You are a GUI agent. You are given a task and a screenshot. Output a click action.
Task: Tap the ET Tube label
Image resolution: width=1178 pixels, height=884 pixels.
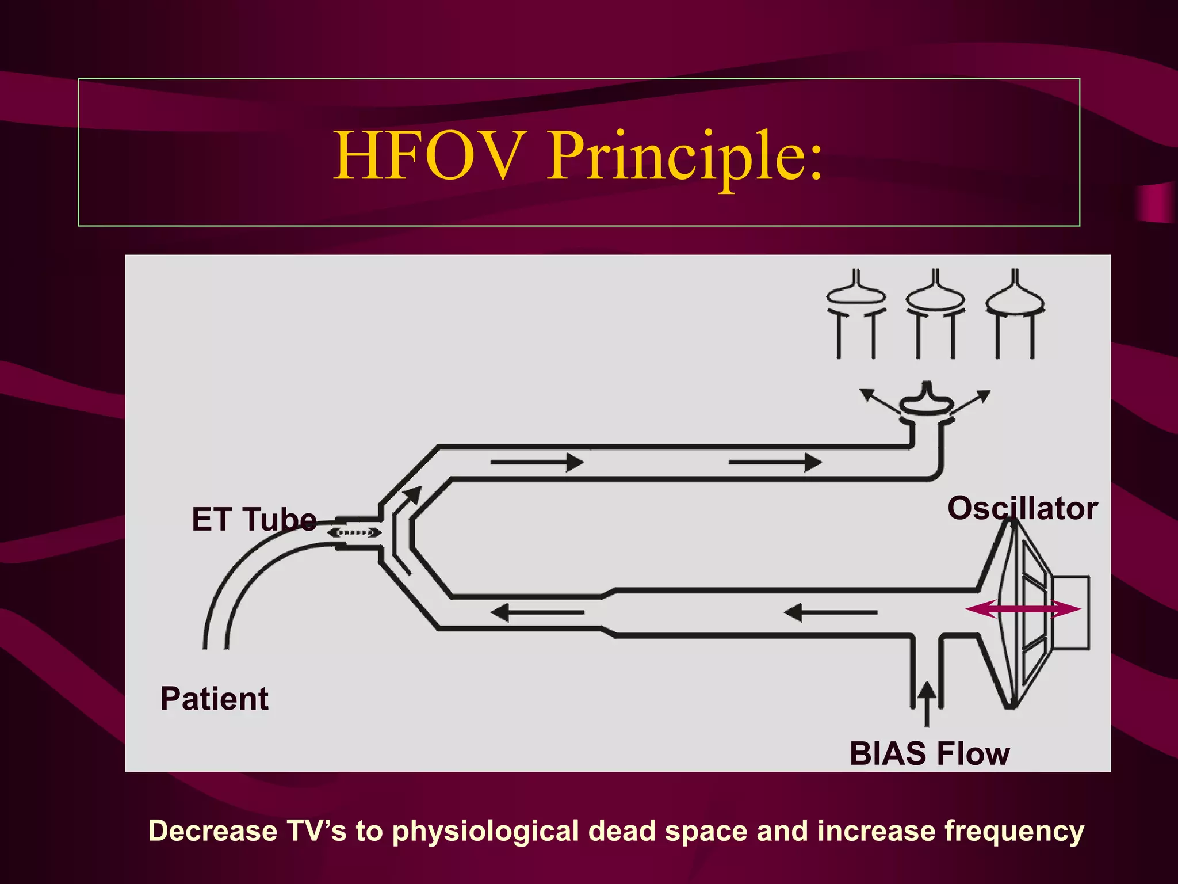pyautogui.click(x=254, y=519)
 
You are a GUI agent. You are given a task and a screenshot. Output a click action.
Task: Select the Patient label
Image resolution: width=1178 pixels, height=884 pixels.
pyautogui.click(x=214, y=699)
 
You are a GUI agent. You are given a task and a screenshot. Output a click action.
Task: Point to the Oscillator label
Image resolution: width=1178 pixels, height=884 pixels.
pyautogui.click(x=1022, y=508)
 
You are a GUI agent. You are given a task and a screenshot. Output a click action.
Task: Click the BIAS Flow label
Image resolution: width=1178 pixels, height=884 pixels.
pyautogui.click(x=929, y=753)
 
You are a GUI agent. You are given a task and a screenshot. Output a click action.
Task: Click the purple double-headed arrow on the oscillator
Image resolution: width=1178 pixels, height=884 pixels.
pyautogui.click(x=1023, y=608)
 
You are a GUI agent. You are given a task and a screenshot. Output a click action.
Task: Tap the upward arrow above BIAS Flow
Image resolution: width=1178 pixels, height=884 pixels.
pyautogui.click(x=926, y=703)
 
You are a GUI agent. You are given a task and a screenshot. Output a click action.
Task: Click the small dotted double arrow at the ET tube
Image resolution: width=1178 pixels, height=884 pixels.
pyautogui.click(x=354, y=533)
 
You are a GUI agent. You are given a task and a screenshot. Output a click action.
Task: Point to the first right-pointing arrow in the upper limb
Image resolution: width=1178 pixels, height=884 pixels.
pyautogui.click(x=537, y=462)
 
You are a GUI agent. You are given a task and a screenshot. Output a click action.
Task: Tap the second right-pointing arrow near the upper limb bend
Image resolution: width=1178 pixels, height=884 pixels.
pyautogui.click(x=775, y=462)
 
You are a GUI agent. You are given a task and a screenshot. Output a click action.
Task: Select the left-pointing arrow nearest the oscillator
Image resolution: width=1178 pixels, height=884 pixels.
pyautogui.click(x=831, y=612)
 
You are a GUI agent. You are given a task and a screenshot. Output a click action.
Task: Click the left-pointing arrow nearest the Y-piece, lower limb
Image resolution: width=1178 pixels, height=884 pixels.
pyautogui.click(x=537, y=612)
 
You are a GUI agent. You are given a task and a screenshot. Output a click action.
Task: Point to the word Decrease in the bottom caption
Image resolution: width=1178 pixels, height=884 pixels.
pyautogui.click(x=213, y=831)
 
